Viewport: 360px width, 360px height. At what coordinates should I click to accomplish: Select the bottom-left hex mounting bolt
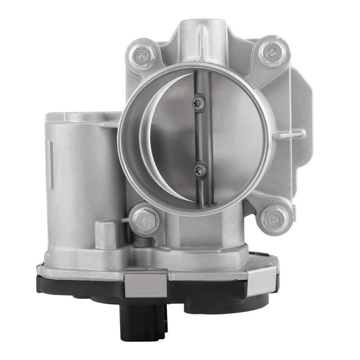click(x=145, y=220)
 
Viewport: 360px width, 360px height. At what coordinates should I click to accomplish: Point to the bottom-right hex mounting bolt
click(x=275, y=217)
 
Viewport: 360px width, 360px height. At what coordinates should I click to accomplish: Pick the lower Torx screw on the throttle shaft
click(x=200, y=169)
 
